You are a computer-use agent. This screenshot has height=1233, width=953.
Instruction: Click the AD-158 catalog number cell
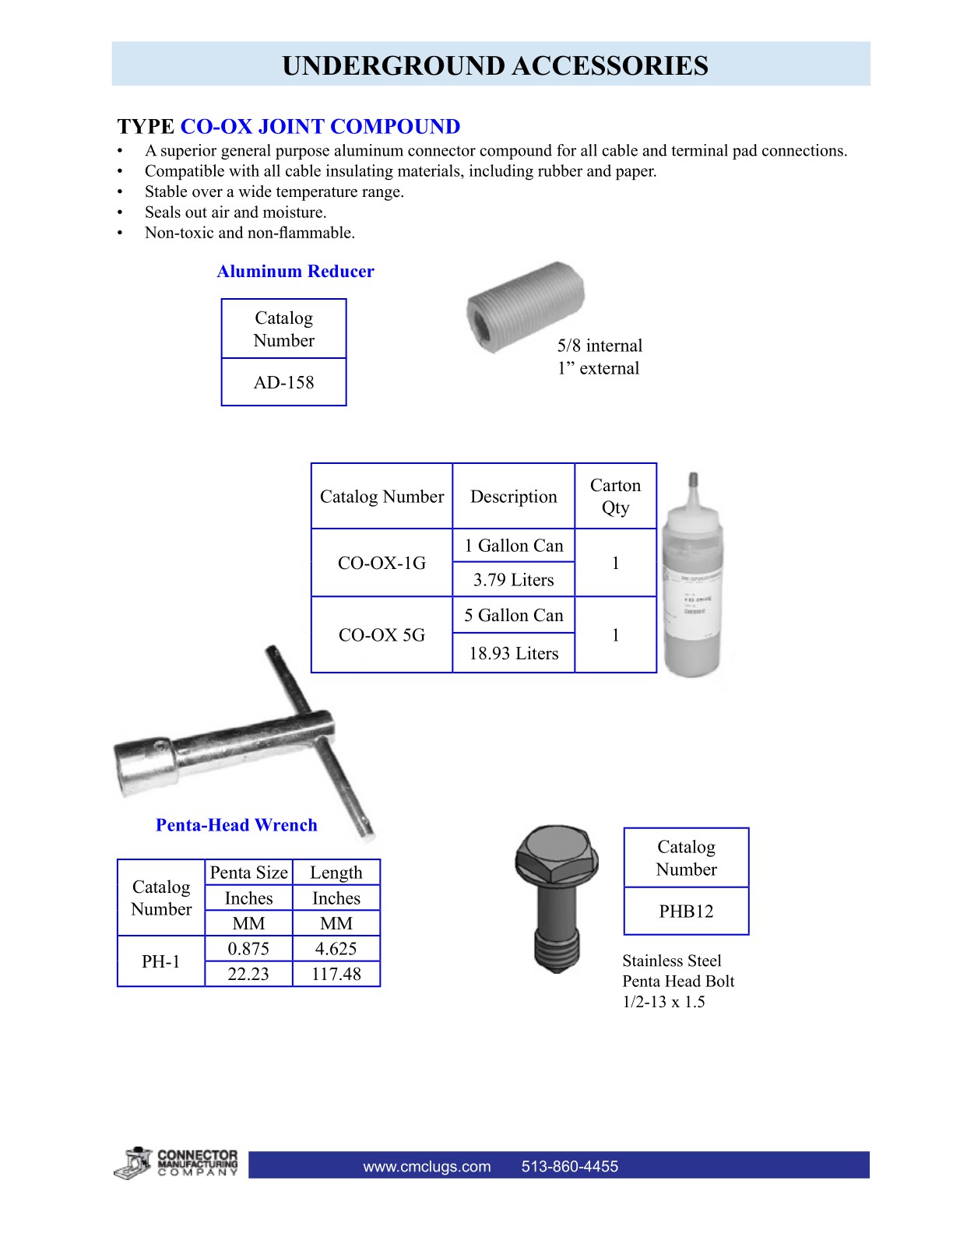283,382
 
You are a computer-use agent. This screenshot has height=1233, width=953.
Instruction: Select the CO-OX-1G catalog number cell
382,563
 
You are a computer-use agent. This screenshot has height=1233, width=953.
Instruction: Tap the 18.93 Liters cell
513,653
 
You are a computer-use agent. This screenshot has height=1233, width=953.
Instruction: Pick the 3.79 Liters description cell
513,580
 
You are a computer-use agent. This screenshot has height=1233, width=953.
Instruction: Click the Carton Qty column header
615,496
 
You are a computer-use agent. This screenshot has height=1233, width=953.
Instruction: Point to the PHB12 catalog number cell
686,911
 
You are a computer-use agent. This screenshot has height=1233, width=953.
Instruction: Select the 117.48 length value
336,974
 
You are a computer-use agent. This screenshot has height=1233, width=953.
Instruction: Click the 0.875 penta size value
248,949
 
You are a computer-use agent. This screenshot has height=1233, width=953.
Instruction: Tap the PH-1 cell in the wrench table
160,961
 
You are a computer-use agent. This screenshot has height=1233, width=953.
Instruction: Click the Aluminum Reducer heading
295,272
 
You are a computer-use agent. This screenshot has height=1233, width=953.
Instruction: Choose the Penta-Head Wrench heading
236,825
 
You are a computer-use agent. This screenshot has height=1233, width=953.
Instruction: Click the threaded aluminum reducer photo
525,305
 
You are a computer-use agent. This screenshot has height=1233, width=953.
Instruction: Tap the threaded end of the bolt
556,950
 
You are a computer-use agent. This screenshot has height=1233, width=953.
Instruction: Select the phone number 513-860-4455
569,1166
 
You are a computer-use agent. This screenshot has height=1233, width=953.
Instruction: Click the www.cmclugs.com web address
427,1166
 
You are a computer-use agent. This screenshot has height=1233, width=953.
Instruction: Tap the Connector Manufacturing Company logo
176,1163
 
